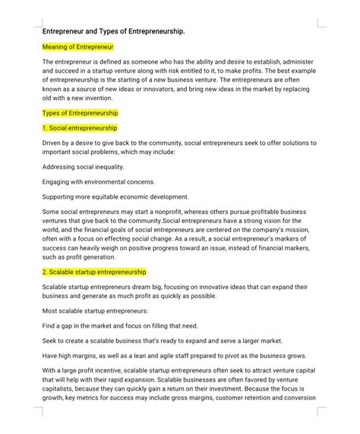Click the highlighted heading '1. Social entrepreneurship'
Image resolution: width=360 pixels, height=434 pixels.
[80, 127]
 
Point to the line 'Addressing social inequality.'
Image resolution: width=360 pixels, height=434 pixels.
[84, 167]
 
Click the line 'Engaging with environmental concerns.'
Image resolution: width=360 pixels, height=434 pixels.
[99, 181]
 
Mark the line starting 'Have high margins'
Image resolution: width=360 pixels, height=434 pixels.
[175, 354]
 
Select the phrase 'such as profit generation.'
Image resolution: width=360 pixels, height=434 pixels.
[81, 256]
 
